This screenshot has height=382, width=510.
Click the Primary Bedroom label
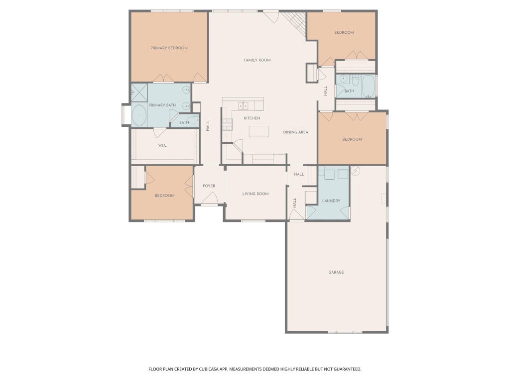[x=169, y=48]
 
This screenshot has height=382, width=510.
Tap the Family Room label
[x=257, y=60]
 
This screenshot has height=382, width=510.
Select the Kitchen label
[x=252, y=118]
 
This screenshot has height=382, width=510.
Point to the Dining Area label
[x=295, y=132]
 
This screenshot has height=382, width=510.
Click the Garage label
[x=336, y=272]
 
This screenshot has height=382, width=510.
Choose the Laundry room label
[x=331, y=201]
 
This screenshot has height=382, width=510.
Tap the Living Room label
[x=255, y=194]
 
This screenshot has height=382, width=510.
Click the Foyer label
[x=209, y=186]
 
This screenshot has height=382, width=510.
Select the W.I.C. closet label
[x=163, y=145]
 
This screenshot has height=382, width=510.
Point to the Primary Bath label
[x=162, y=105]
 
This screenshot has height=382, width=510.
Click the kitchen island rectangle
[x=259, y=131]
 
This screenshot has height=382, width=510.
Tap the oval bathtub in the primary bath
[x=139, y=115]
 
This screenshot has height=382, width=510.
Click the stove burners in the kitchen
[x=227, y=124]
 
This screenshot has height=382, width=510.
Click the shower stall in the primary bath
[x=139, y=93]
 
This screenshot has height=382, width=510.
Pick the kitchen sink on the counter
[x=243, y=105]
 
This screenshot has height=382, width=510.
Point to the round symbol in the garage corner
[x=355, y=171]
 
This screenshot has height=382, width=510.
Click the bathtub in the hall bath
[x=369, y=87]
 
